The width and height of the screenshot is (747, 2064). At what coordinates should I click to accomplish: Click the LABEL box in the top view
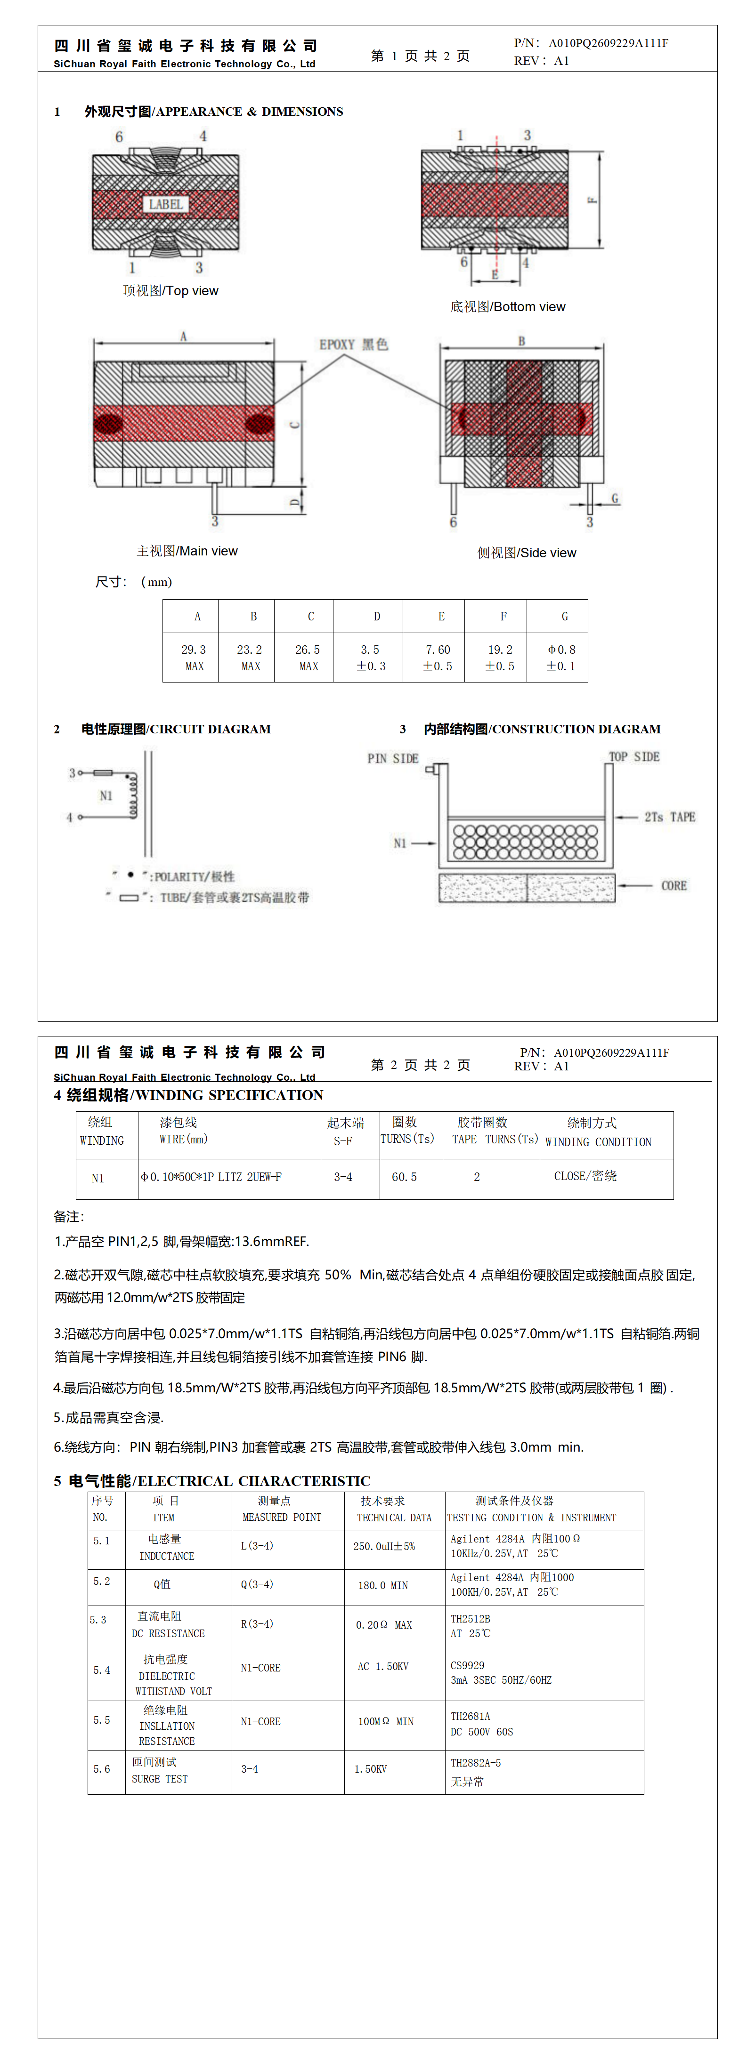click(166, 204)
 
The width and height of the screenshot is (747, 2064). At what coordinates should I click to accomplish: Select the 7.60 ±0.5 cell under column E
click(438, 657)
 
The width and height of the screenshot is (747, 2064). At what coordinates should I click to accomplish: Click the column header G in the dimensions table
click(564, 616)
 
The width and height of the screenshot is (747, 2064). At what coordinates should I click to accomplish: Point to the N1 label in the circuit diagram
click(106, 795)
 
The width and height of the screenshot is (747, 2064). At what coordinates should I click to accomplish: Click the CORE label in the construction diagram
click(673, 885)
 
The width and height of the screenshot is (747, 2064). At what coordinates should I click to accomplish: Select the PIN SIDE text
click(393, 758)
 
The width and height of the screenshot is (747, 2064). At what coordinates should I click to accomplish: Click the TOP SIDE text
click(634, 756)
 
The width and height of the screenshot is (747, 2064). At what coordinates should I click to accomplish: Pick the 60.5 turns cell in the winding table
click(404, 1177)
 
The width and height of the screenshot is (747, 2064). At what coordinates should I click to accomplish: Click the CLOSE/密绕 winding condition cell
click(585, 1176)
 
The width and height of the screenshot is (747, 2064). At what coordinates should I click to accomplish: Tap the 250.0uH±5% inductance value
click(384, 1546)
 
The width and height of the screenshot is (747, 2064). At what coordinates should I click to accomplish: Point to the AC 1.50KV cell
click(382, 1667)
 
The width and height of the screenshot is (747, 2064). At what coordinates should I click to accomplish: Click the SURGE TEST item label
click(160, 1779)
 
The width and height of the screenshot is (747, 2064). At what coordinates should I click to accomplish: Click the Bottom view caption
click(507, 307)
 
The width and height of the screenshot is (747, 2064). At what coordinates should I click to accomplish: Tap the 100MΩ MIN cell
click(386, 1721)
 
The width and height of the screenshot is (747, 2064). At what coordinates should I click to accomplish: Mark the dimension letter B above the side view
click(521, 341)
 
